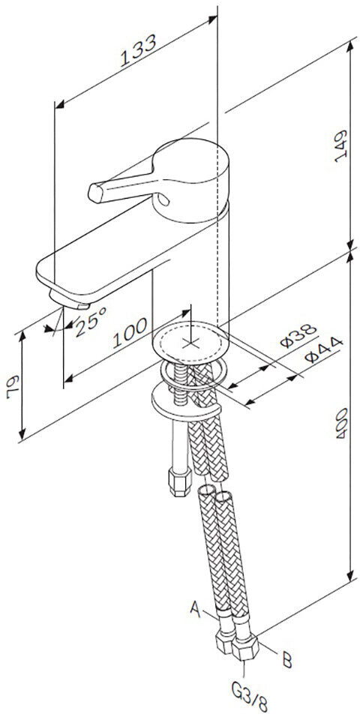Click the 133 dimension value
(138, 50)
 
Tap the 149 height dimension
(340, 146)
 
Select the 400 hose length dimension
(342, 423)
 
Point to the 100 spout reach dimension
(130, 332)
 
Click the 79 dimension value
(13, 387)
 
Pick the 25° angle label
(91, 322)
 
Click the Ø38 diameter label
(299, 336)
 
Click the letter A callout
(196, 609)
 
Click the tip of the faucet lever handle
(94, 193)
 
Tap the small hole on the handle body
(163, 199)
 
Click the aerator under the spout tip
(69, 299)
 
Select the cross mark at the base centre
(189, 342)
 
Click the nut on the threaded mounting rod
(180, 481)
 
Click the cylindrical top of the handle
(190, 179)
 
